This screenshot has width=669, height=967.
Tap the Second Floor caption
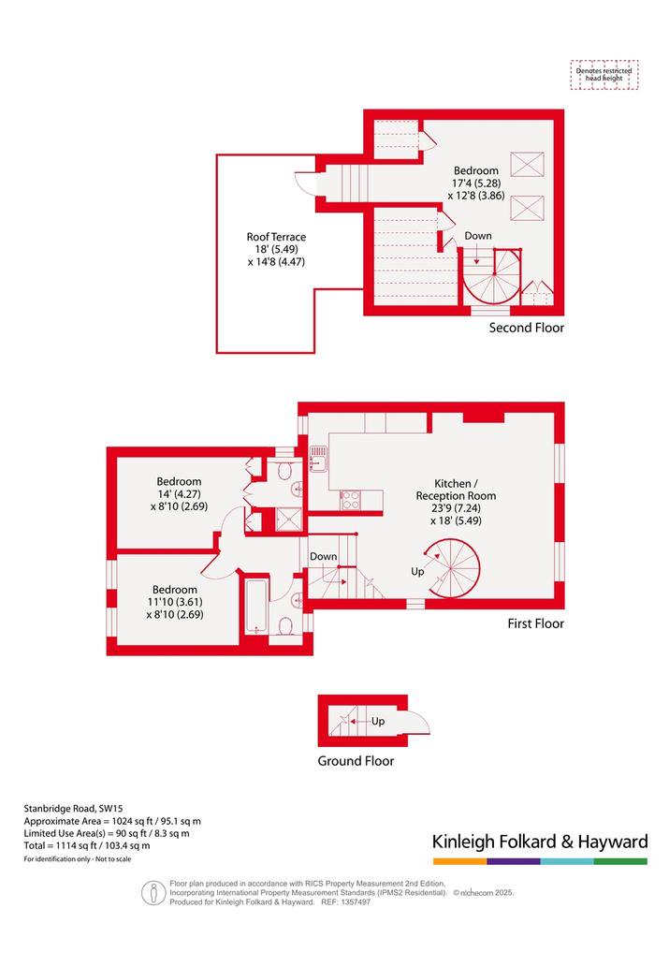click(x=527, y=328)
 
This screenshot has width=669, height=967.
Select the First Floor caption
click(x=536, y=623)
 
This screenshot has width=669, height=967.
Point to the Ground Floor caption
click(x=356, y=761)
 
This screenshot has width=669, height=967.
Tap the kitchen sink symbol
click(x=318, y=459)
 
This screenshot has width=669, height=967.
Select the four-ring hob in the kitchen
click(x=350, y=500)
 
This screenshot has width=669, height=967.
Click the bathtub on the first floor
click(x=255, y=607)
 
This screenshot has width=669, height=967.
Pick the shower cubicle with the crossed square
click(x=287, y=519)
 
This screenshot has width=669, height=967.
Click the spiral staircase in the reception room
click(x=453, y=568)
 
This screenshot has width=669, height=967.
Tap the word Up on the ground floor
click(x=378, y=721)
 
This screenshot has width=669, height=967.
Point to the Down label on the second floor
click(x=478, y=236)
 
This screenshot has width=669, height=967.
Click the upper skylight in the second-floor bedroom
click(x=528, y=165)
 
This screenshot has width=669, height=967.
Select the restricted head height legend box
click(x=604, y=75)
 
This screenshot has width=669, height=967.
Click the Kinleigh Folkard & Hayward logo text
click(x=540, y=842)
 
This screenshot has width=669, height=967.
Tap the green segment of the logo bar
click(x=621, y=861)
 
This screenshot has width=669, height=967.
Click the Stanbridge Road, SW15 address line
click(x=73, y=808)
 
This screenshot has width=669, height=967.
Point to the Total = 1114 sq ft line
click(x=87, y=845)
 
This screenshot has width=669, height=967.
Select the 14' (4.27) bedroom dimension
click(x=179, y=494)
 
